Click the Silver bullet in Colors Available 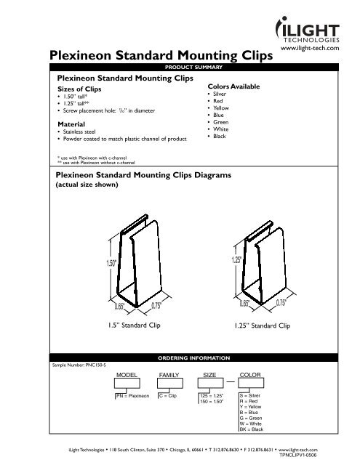click(x=221, y=94)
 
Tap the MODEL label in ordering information click(x=128, y=376)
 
